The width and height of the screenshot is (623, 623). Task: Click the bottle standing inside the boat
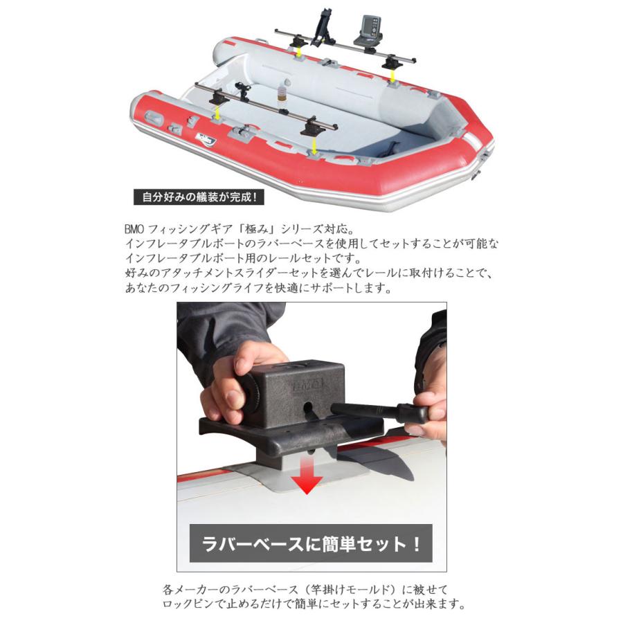click(283, 96)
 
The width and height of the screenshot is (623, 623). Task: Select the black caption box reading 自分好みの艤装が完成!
click(197, 197)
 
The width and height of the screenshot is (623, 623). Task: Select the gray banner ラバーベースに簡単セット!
click(311, 543)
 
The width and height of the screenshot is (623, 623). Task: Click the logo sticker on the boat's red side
click(205, 139)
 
